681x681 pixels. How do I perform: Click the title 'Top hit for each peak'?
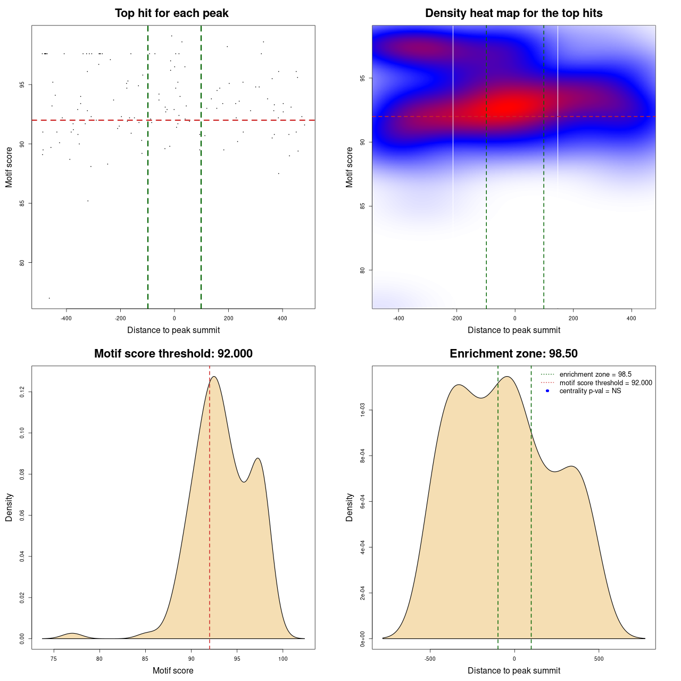coord(171,13)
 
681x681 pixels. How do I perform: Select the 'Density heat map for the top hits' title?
coord(513,13)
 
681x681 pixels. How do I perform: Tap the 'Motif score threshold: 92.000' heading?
coord(173,354)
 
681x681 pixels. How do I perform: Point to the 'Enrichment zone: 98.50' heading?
coord(513,354)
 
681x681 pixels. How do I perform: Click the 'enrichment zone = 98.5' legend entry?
coord(595,375)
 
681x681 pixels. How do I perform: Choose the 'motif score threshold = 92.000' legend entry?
coord(605,383)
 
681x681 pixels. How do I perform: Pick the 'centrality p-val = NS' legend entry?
coord(590,391)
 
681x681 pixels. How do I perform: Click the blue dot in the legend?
coord(547,391)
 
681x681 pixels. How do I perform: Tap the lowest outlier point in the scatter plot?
coord(49,298)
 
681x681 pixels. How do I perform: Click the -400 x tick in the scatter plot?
coord(66,319)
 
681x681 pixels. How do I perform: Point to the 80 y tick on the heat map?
coord(363,270)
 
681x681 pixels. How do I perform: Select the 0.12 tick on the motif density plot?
coord(22,392)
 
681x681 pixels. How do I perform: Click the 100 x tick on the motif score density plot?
coord(283,659)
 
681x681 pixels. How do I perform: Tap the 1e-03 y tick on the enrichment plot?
coord(363,410)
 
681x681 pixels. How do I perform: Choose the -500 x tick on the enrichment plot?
coord(430,659)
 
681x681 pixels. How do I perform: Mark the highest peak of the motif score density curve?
coord(214,377)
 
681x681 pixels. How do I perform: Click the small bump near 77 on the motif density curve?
coord(72,633)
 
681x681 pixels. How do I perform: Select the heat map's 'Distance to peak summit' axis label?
coord(513,330)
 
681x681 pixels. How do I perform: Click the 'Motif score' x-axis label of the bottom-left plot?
coord(173,671)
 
